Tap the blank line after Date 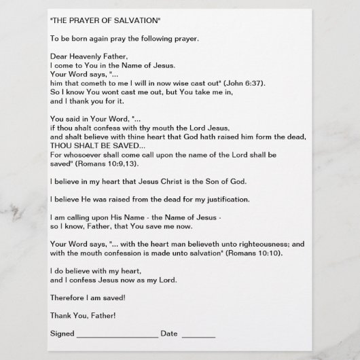[x=198, y=334]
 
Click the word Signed [x=62, y=334]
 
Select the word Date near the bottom [x=169, y=334]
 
